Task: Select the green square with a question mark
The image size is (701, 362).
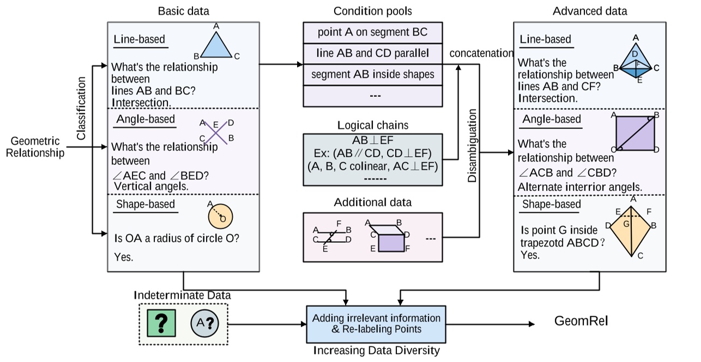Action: point(161,322)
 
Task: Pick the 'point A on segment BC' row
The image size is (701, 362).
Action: point(372,33)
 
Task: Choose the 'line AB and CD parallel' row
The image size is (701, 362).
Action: point(372,53)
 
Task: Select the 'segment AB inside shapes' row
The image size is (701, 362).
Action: point(372,74)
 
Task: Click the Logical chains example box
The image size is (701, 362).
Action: point(372,160)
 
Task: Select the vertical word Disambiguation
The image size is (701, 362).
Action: point(472,146)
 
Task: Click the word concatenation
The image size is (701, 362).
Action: point(481,53)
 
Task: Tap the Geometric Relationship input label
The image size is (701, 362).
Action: point(35,148)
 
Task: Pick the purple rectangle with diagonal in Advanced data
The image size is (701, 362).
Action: point(634,133)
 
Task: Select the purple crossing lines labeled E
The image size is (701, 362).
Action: point(216,131)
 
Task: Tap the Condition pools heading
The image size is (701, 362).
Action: point(372,11)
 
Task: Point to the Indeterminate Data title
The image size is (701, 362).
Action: point(182,295)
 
